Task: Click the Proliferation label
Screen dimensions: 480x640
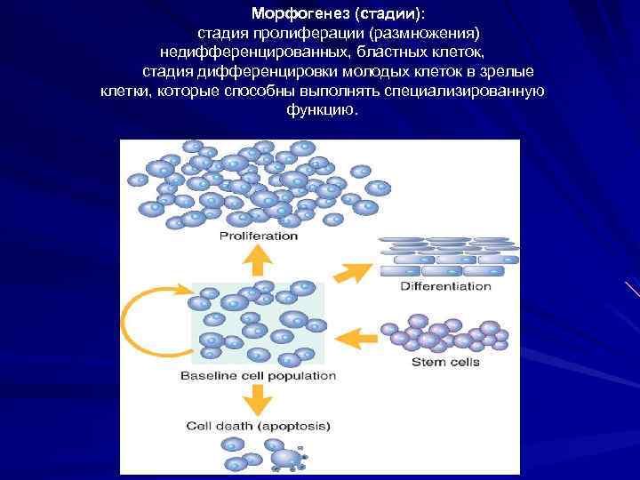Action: click(258, 236)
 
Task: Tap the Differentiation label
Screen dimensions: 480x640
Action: click(445, 286)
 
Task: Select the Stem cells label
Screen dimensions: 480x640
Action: click(445, 362)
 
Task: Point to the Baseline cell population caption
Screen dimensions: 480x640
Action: click(258, 376)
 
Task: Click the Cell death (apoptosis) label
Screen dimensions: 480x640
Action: click(256, 426)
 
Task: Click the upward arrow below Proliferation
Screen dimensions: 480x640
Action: click(259, 260)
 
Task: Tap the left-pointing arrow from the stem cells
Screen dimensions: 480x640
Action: click(356, 338)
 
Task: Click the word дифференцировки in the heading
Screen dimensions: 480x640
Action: click(297, 71)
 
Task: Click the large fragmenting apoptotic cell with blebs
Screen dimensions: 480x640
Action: click(287, 458)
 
